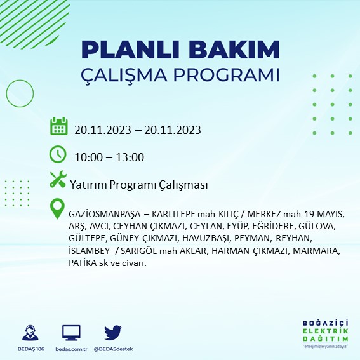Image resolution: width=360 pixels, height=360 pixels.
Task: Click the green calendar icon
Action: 58,126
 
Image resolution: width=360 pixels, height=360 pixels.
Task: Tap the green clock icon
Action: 58,154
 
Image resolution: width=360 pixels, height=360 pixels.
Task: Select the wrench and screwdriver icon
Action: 58,180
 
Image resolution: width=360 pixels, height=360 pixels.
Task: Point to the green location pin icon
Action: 58,208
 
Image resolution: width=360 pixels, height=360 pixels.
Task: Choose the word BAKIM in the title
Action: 236,50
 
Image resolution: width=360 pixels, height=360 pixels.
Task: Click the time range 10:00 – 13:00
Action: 109,157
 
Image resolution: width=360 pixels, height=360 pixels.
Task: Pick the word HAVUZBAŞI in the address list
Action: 212,239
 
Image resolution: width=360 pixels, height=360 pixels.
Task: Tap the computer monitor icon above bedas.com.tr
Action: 71,333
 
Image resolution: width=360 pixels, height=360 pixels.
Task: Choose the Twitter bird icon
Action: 112,332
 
